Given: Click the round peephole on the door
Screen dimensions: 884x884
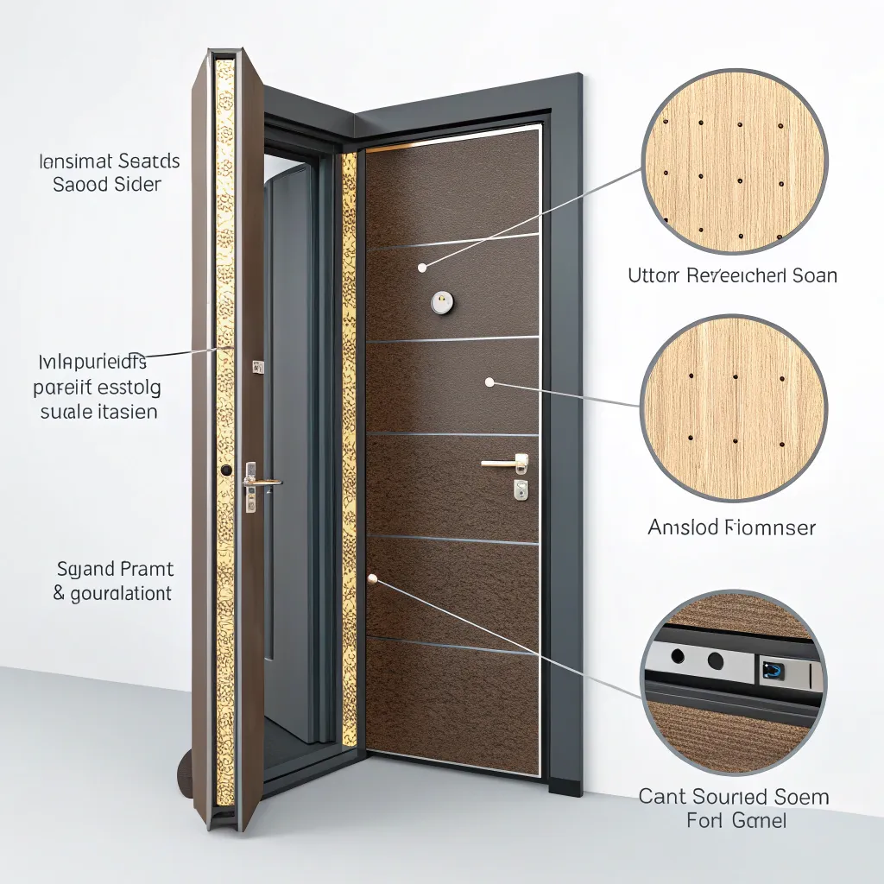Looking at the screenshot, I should pos(441,300).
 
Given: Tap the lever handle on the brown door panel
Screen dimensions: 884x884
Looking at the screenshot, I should pos(505,464).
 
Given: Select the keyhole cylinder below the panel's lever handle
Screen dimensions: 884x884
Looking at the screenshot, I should pos(520,489).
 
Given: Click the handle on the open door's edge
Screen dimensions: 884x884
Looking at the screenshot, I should pos(262,481).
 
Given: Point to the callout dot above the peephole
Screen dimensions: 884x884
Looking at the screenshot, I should pos(422,268).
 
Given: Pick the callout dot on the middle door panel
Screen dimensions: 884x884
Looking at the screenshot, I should pos(489,382).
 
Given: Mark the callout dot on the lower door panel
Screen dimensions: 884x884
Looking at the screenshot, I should pos(373,578).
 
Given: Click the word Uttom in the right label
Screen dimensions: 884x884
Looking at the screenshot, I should pos(654,275).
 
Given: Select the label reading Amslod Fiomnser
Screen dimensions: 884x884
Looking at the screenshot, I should pos(731,527).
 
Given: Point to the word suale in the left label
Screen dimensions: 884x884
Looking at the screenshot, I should pos(65,411).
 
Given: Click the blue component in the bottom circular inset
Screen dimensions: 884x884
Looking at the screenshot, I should pos(770,667).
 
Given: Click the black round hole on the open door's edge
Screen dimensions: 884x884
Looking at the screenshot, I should pos(226,470).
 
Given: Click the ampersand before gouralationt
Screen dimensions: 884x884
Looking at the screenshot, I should pos(59,593).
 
